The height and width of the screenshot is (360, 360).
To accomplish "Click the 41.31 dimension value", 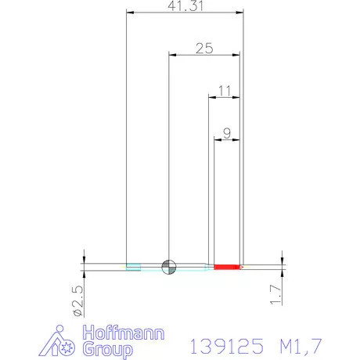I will (x=183, y=6).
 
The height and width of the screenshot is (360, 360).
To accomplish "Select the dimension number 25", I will (x=204, y=49).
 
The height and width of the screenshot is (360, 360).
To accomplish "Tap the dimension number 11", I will (x=225, y=91).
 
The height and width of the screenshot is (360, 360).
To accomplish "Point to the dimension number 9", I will (x=227, y=133).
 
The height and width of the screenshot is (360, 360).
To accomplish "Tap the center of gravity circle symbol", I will (x=169, y=267).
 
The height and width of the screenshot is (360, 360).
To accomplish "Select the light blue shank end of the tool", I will (x=134, y=267).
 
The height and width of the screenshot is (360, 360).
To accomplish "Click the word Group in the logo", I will (x=109, y=349).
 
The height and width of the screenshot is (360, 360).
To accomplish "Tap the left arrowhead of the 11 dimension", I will (x=211, y=98).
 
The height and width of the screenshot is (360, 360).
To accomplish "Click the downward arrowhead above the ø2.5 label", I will (x=84, y=258).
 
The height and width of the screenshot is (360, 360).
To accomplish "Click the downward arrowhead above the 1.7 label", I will (x=280, y=260).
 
